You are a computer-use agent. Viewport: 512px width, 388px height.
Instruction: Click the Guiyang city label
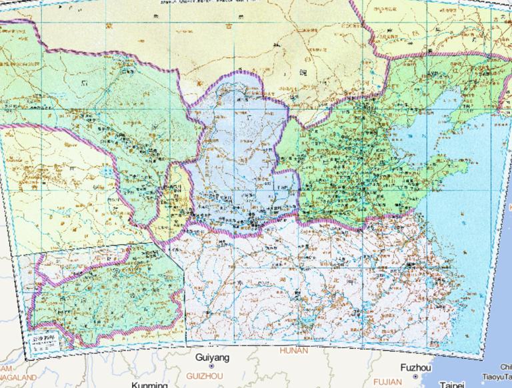(212, 358)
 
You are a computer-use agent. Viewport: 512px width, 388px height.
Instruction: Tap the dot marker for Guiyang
(211, 366)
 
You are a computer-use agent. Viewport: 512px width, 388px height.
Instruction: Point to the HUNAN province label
(294, 350)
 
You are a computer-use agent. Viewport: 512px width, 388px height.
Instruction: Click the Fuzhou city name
(415, 368)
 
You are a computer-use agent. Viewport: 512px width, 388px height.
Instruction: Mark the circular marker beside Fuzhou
(415, 376)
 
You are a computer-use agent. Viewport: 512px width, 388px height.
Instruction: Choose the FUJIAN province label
(387, 382)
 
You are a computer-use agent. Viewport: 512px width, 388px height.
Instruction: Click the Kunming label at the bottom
(149, 385)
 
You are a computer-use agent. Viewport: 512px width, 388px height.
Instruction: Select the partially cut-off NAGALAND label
(17, 377)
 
